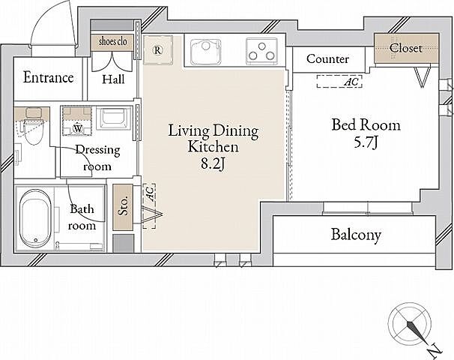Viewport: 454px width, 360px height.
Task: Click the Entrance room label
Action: [x=49, y=77]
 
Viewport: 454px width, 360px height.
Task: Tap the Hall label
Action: [x=114, y=79]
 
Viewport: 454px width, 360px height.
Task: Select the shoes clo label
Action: [x=112, y=41]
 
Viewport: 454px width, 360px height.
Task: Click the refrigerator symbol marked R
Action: [x=157, y=50]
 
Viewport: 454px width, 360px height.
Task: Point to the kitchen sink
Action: [x=206, y=52]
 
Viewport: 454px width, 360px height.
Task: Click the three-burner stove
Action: [x=262, y=51]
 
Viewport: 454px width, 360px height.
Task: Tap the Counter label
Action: [x=327, y=59]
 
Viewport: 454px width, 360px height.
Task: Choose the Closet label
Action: [x=405, y=48]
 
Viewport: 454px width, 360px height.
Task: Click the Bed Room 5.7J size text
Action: [x=366, y=142]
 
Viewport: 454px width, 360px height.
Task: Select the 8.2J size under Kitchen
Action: [x=213, y=163]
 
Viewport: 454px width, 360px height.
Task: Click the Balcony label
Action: [x=356, y=235]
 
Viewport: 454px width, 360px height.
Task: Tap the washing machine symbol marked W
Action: [x=78, y=127]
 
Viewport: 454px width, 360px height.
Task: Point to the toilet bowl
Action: [x=34, y=131]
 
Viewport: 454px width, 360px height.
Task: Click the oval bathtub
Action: [x=35, y=218]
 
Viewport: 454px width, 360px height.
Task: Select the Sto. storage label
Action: [x=123, y=206]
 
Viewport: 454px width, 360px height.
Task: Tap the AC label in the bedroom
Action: [x=352, y=82]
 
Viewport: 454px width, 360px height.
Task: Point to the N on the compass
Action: [x=435, y=350]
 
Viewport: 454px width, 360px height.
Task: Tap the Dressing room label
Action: [x=97, y=158]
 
